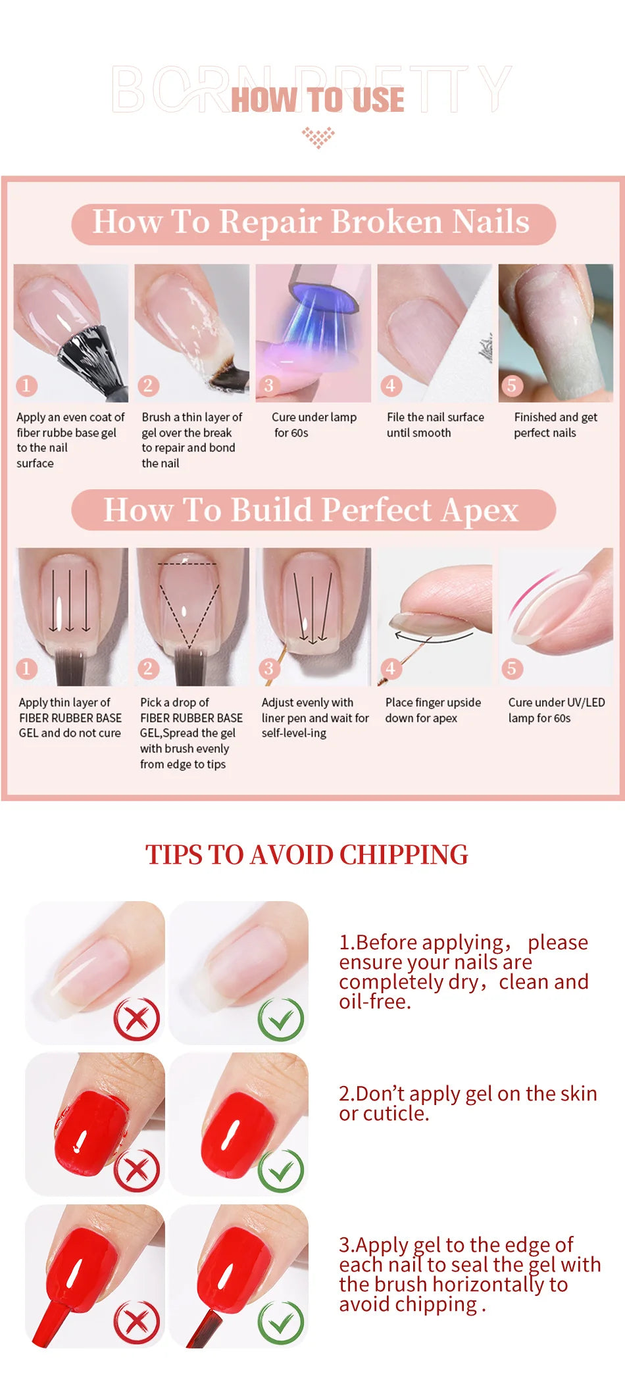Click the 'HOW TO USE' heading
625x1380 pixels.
coord(317,100)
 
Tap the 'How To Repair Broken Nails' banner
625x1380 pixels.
coord(313,223)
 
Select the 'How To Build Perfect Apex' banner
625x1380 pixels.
coord(313,510)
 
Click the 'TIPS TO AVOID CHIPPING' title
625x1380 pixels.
coord(307,854)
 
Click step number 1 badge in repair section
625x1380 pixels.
coord(26,385)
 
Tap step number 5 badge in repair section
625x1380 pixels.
coord(512,385)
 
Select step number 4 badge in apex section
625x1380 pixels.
coord(390,669)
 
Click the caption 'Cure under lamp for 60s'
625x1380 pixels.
coord(314,425)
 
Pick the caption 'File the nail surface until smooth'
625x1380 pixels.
coord(435,425)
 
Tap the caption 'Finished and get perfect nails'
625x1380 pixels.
coord(555,425)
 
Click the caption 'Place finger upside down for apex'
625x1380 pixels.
coord(433,710)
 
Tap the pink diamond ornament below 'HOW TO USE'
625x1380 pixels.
coord(318,137)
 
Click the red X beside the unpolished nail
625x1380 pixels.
coord(137,1019)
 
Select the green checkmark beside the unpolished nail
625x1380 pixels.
coord(281,1019)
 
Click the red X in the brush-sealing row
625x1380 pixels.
coord(137,1321)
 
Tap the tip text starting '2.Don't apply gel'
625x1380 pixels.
coord(468,1103)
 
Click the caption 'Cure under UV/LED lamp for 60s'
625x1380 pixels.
coord(556,710)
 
